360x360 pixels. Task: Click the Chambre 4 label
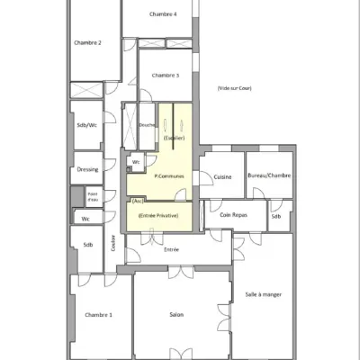click(x=163, y=14)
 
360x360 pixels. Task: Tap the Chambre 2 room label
click(x=87, y=42)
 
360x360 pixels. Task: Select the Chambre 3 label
click(x=166, y=76)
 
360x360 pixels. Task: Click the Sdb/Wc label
click(x=86, y=126)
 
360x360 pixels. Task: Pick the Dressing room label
click(x=86, y=168)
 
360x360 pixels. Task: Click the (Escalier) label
click(x=175, y=138)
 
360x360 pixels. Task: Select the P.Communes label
click(x=169, y=176)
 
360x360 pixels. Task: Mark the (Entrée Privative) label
click(x=158, y=217)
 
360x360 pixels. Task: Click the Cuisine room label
click(x=222, y=176)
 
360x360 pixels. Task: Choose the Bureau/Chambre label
click(x=268, y=176)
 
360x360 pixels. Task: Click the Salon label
click(x=177, y=314)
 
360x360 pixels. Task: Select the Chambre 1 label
click(x=98, y=314)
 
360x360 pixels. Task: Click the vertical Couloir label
click(x=113, y=242)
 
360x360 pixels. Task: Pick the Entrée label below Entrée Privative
click(x=171, y=248)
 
